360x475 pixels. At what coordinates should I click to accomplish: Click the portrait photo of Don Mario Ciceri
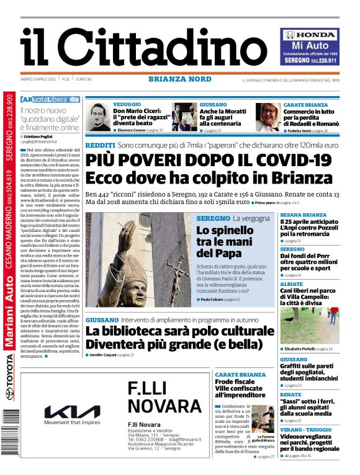(98, 118)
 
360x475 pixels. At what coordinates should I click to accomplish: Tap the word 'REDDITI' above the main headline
(100, 144)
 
